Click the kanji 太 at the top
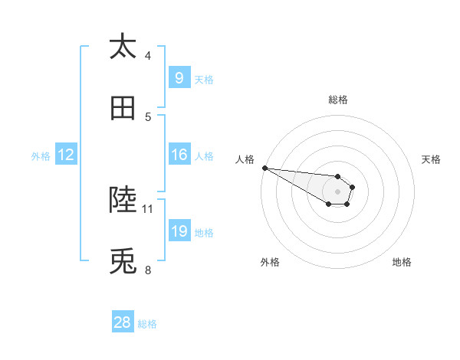point(123,47)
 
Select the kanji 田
point(123,110)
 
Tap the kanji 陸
point(123,200)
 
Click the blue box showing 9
point(179,77)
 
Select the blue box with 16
point(179,155)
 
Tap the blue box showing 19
point(179,231)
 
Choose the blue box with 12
point(65,155)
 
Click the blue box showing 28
point(123,322)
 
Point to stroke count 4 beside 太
point(148,55)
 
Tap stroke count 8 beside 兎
point(148,270)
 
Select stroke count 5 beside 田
point(148,117)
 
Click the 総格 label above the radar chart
point(337,100)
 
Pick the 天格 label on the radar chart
point(431,159)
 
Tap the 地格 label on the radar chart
point(402,262)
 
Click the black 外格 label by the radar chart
point(270,262)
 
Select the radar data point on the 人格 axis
point(264,168)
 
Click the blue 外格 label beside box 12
point(41,155)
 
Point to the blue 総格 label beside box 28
point(147,324)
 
